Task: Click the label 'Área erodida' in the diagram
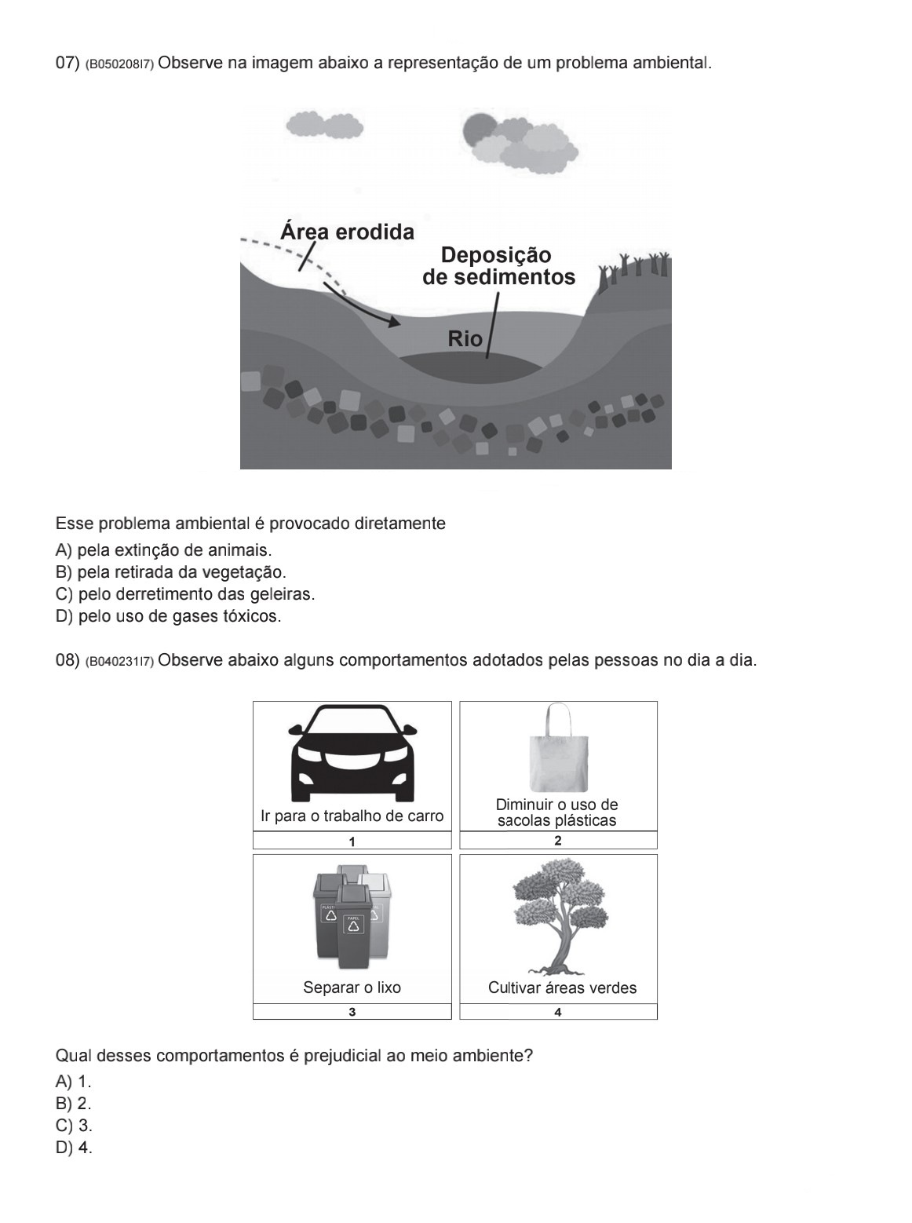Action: pos(347,232)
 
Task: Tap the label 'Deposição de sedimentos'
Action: pos(498,266)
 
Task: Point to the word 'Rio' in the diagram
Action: pos(465,339)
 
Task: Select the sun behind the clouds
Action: pos(478,129)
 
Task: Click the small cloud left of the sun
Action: pos(323,125)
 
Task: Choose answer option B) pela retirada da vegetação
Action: pos(170,572)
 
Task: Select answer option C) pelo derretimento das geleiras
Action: pos(184,594)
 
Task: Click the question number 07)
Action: pos(67,63)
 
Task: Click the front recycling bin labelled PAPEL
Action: pos(353,926)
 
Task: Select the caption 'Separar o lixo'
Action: pos(352,988)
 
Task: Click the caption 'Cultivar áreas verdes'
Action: pos(562,988)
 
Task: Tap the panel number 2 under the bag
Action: pos(558,841)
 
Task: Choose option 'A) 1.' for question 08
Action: pos(73,1081)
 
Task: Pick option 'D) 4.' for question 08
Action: pos(74,1147)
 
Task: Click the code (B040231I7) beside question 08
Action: pos(119,662)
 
